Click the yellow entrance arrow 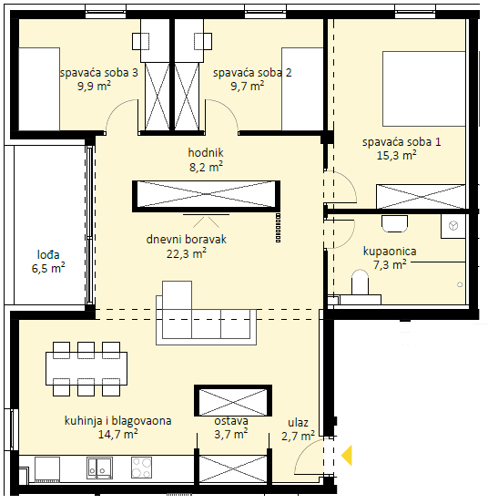click(x=348, y=455)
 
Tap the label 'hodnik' click(x=206, y=153)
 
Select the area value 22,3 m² click(x=187, y=254)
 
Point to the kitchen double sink click(x=99, y=468)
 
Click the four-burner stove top click(x=142, y=468)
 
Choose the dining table click(x=86, y=369)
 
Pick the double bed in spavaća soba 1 click(x=423, y=88)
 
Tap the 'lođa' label click(x=48, y=255)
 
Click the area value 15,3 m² click(x=397, y=155)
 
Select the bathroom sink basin click(x=394, y=223)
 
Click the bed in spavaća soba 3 click(x=39, y=89)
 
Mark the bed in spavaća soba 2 click(x=302, y=89)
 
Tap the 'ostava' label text click(x=231, y=421)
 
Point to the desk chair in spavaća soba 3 click(x=140, y=41)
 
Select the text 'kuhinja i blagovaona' click(x=117, y=421)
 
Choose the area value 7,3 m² click(x=390, y=264)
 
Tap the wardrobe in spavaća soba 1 click(x=421, y=196)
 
